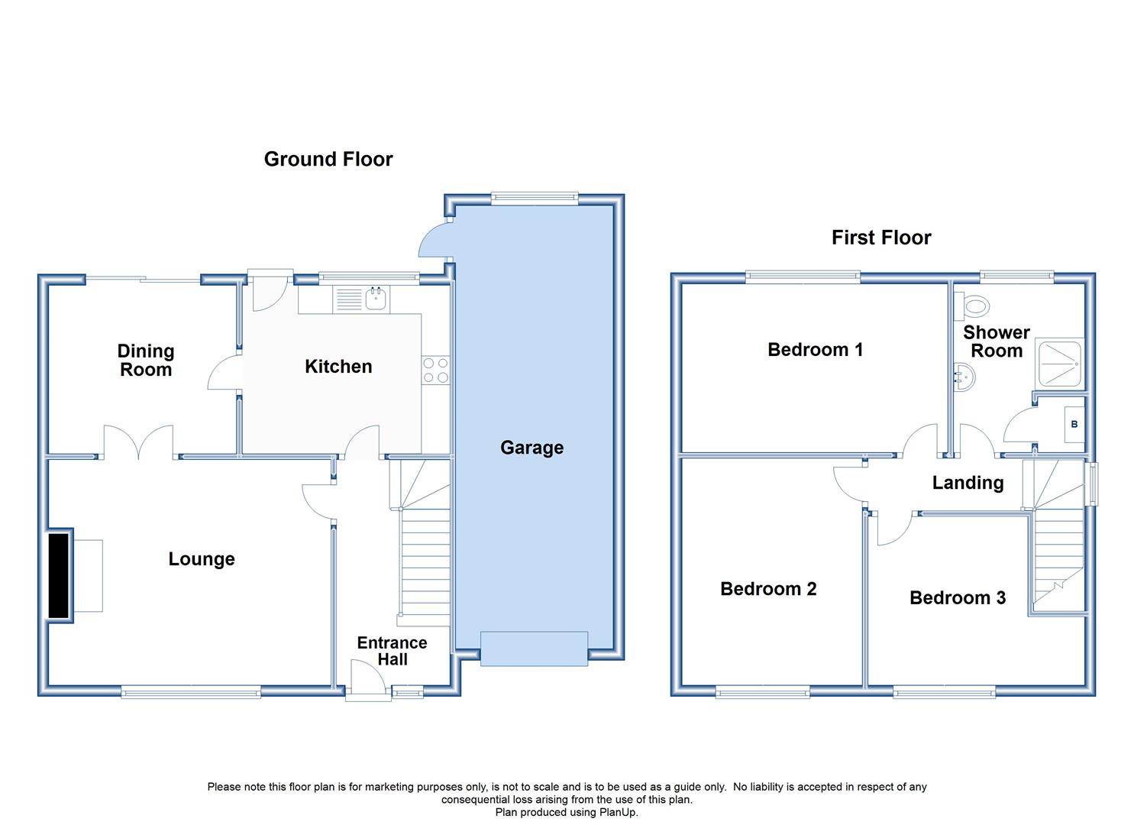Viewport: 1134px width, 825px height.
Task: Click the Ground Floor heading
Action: click(x=328, y=159)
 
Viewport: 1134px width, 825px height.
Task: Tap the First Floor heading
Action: click(x=881, y=238)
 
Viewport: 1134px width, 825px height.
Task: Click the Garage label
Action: click(x=531, y=448)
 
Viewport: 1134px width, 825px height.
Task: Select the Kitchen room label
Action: click(x=338, y=366)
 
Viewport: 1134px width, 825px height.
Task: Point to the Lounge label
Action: click(x=202, y=558)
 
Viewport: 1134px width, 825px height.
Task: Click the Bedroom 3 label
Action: click(x=958, y=597)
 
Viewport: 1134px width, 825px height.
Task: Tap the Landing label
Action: click(x=968, y=483)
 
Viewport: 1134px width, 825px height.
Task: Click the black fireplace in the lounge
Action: click(x=59, y=575)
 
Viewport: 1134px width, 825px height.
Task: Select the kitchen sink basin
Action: click(x=376, y=299)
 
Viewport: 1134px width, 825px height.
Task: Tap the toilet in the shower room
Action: click(x=972, y=306)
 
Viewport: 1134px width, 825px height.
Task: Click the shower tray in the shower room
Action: click(x=1059, y=364)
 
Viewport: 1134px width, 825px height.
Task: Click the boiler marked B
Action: click(x=1074, y=425)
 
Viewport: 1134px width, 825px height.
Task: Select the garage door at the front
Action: click(x=534, y=649)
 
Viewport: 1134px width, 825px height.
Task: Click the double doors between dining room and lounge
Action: click(x=138, y=442)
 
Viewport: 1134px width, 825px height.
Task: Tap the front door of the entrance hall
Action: click(x=368, y=679)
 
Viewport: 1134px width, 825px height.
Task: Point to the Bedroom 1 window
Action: click(x=803, y=277)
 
